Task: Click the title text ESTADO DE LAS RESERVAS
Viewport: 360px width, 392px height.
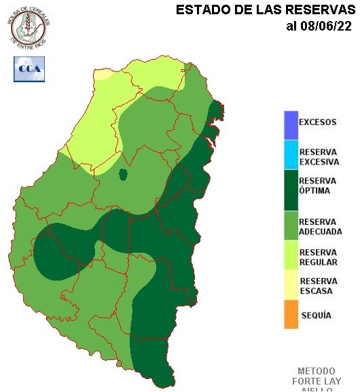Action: [x=266, y=10]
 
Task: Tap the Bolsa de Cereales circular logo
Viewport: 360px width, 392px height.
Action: [x=29, y=26]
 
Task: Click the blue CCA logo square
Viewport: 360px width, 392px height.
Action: [x=28, y=69]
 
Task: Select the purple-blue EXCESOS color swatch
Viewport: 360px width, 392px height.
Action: [x=291, y=124]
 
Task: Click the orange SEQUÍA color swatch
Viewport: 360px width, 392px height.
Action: [x=291, y=315]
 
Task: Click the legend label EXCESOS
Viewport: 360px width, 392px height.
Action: [x=317, y=123]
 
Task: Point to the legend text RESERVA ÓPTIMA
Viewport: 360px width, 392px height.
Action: [x=318, y=185]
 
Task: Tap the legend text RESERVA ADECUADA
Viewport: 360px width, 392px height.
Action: [x=320, y=227]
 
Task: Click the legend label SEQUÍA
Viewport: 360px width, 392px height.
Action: [x=316, y=315]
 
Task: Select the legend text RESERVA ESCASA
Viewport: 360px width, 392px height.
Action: [x=318, y=286]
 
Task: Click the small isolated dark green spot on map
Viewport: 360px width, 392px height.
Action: [x=124, y=175]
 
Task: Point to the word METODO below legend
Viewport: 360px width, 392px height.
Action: [x=316, y=372]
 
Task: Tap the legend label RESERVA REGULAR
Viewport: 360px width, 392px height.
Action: [x=318, y=257]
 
